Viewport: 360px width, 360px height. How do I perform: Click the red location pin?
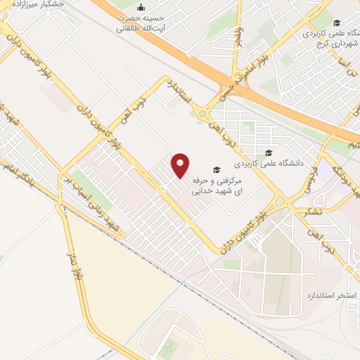[x=181, y=165]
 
